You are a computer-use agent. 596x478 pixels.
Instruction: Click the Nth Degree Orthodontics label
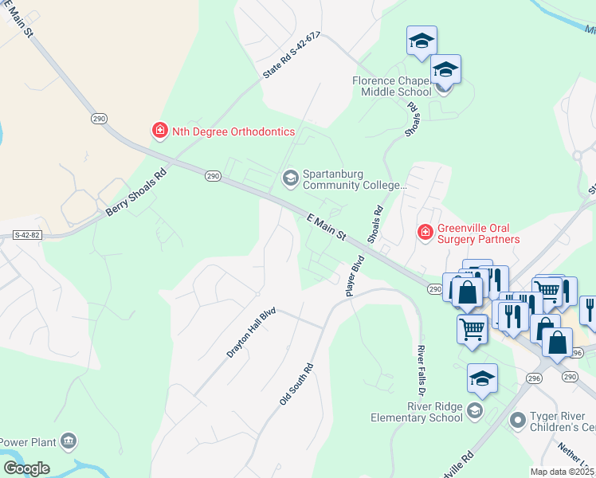[233, 131]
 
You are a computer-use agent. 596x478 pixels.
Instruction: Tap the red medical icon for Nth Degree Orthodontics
[160, 131]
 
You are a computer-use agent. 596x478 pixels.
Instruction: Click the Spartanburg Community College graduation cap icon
[290, 177]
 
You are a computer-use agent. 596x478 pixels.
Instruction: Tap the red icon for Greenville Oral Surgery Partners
[425, 232]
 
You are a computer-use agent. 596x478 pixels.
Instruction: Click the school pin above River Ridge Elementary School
[482, 380]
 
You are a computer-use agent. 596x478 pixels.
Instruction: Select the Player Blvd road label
[355, 276]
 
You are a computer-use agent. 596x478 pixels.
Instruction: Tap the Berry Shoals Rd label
[137, 194]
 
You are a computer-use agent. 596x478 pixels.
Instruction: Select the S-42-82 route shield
[27, 235]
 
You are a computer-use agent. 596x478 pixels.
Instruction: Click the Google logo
[25, 468]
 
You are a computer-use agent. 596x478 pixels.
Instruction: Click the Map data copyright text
[563, 472]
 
